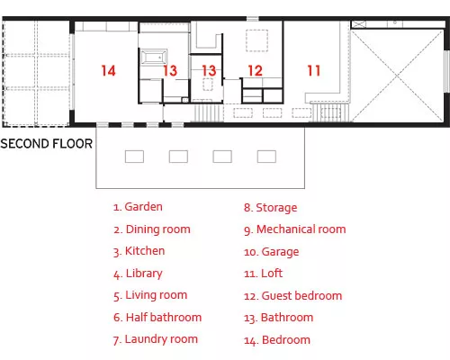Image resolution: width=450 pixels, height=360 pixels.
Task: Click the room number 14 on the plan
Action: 108,71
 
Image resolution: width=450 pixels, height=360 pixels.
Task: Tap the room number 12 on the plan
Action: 256,71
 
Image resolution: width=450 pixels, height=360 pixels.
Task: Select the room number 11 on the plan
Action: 314,71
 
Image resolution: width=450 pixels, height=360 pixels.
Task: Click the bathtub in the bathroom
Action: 154,57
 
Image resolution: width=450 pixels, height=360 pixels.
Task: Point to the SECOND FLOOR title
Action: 47,144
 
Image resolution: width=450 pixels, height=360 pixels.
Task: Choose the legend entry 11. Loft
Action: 263,274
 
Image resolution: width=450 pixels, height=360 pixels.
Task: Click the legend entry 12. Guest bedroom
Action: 292,296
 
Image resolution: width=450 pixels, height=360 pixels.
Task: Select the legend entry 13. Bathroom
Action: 278,318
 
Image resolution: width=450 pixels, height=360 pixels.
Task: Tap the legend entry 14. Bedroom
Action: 277,340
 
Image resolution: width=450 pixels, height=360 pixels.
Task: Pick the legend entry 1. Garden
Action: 138,207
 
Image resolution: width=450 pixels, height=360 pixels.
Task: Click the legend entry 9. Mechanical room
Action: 295,229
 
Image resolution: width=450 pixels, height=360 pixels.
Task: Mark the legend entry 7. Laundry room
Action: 156,339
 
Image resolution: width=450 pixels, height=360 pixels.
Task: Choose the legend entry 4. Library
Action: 138,274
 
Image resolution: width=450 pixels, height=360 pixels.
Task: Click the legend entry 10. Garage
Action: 272,252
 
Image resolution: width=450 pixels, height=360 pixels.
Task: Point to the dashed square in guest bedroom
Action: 256,40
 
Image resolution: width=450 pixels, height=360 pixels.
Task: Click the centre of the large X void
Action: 397,75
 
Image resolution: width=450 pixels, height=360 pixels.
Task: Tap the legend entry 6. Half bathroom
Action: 157,318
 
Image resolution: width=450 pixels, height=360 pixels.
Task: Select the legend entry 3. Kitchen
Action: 139,251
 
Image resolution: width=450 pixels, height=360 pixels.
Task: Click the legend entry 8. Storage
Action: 270,208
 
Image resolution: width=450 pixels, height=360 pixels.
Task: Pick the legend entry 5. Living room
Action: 150,295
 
